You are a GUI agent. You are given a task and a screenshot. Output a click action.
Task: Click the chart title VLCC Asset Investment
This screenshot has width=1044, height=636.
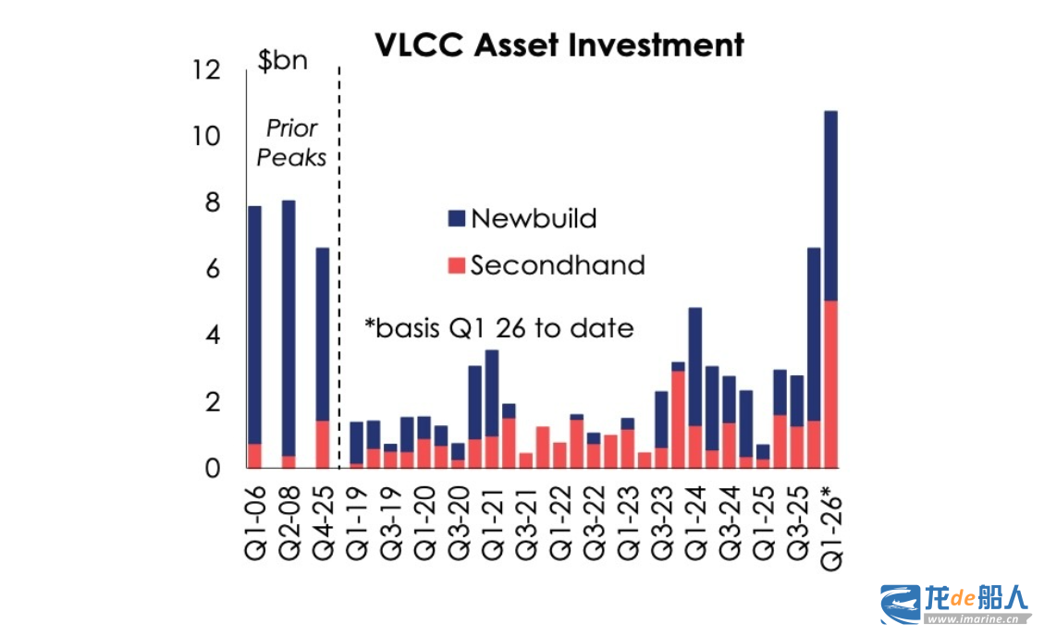pos(559,44)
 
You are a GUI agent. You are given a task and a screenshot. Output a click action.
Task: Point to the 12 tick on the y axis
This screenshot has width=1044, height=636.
pos(208,70)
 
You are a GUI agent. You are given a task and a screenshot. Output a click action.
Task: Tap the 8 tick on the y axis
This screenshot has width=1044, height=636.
pos(212,202)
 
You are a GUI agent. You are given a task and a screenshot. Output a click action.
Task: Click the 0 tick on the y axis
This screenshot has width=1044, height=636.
pos(212,468)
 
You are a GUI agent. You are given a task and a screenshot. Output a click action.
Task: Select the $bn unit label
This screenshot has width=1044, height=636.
pos(282,62)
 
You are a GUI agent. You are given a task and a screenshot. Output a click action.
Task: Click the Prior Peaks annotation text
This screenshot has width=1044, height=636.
pos(291,142)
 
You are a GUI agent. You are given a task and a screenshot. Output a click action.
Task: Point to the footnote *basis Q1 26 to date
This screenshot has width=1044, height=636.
pos(499,327)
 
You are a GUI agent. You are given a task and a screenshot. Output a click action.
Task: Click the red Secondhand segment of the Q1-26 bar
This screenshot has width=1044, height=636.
pos(830,384)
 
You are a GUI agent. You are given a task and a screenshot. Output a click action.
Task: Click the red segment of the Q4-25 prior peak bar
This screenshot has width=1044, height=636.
pos(322,444)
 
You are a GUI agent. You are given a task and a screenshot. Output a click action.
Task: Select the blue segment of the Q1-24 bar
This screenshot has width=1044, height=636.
pos(695,366)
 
